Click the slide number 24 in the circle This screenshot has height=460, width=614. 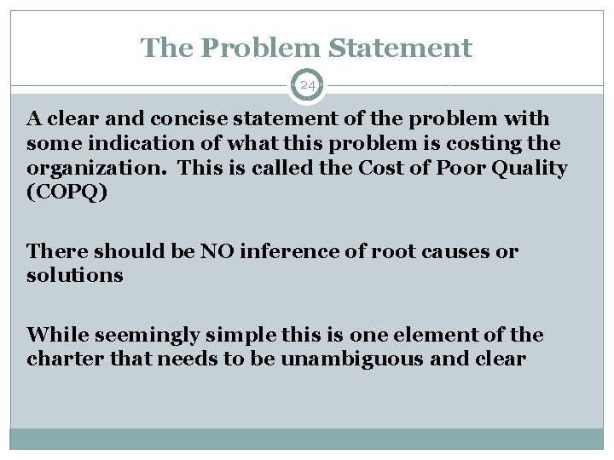tap(307, 85)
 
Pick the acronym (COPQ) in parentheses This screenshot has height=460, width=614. tap(67, 193)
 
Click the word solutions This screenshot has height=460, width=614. tap(75, 276)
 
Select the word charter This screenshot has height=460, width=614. tap(59, 359)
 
